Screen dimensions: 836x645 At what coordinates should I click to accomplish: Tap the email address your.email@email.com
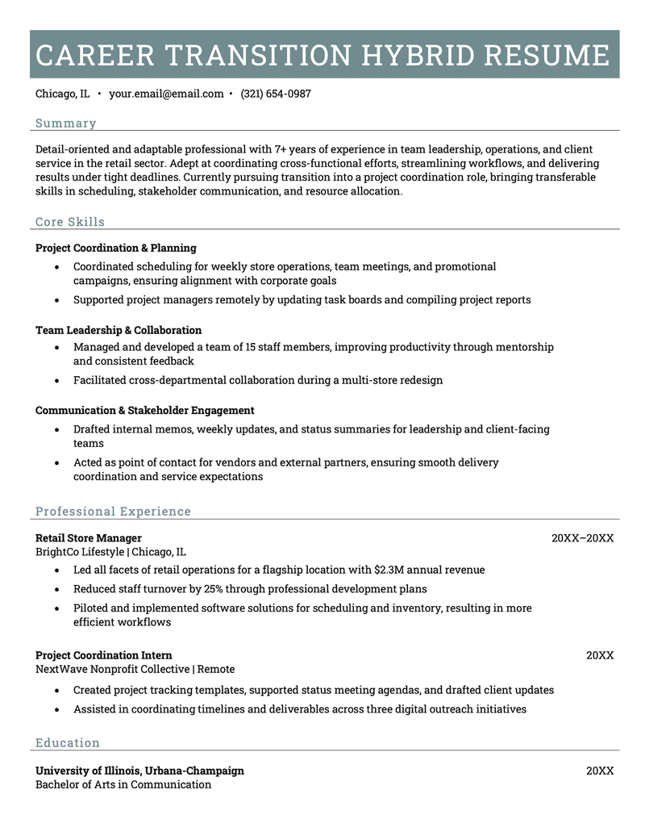[x=166, y=94]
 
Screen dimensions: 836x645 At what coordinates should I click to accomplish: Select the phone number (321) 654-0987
[x=275, y=94]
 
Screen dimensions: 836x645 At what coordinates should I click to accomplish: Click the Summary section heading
[x=65, y=123]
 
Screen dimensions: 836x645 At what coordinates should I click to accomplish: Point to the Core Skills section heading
[x=70, y=222]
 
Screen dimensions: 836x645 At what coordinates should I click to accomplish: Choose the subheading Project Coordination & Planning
[x=115, y=248]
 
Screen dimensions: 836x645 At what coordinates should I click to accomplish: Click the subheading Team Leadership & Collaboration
[x=119, y=330]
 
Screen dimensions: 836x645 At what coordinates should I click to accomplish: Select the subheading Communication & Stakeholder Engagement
[x=144, y=410]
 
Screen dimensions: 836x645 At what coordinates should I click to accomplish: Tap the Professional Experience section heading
[x=113, y=512]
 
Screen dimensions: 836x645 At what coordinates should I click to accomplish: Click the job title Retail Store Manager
[x=89, y=537]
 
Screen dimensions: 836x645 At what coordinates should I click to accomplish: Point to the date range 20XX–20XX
[x=582, y=537]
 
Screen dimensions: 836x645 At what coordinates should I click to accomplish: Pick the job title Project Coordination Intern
[x=103, y=655]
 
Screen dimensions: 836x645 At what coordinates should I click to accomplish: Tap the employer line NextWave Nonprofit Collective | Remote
[x=135, y=669]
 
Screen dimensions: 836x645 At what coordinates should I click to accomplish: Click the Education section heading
[x=68, y=743]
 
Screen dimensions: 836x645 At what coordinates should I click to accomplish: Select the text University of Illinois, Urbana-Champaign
[x=139, y=771]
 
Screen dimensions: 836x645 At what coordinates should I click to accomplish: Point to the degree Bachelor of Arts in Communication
[x=123, y=784]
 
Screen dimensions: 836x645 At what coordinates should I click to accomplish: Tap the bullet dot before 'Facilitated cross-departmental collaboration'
[x=56, y=380]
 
